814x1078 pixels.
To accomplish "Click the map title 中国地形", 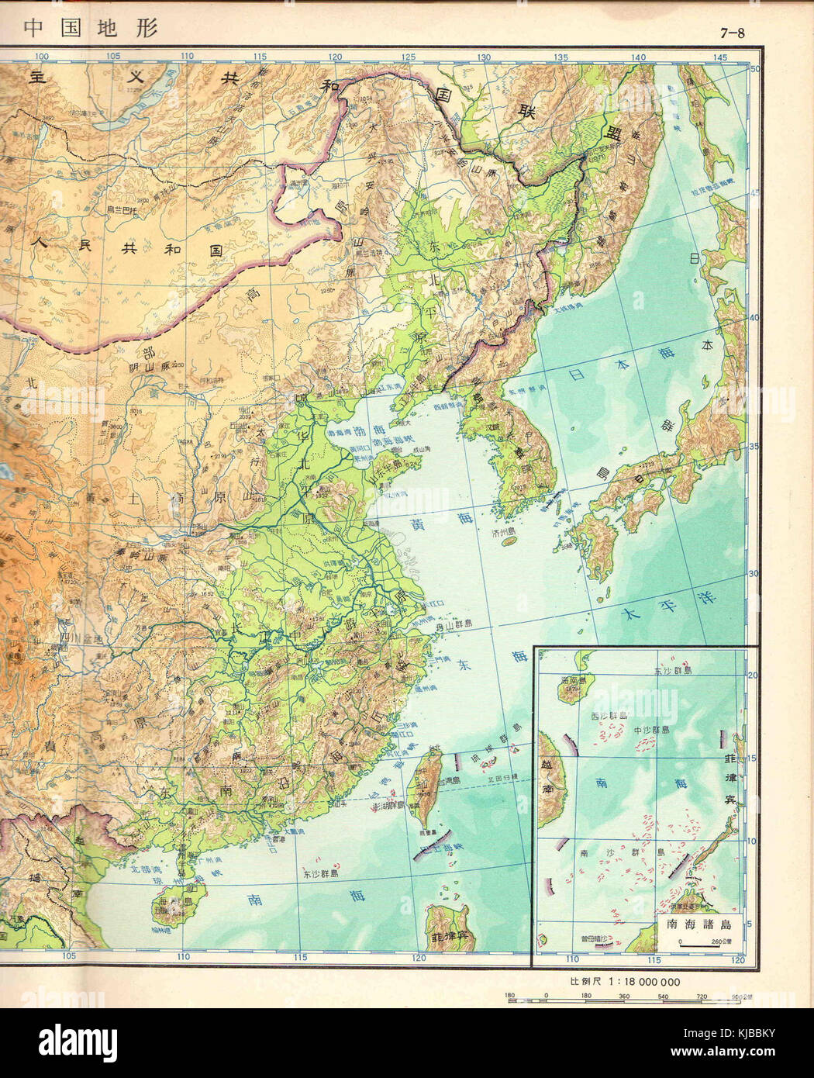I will tap(91, 28).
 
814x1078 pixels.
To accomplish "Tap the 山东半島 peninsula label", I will tap(388, 466).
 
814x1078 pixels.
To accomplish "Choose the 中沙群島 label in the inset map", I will tap(653, 730).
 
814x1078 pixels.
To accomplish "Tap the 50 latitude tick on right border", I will tap(750, 69).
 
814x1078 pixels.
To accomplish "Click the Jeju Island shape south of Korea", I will tap(510, 543).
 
